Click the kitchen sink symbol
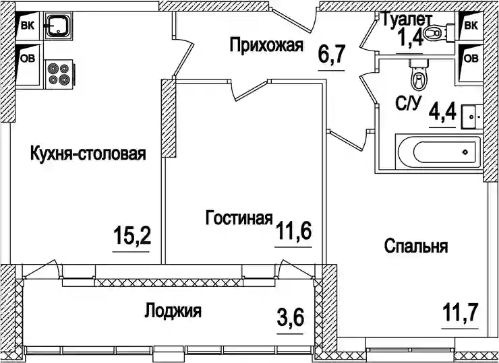pos(58,26)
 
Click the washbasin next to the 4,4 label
pos(472,117)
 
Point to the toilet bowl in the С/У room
pos(418,75)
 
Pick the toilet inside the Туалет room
pos(439,32)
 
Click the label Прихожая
pos(266,46)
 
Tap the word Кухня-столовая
pos(88,153)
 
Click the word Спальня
pos(416,246)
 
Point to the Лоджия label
pos(173,310)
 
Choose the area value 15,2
pos(131,235)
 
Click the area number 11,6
pos(293,231)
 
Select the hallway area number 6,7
pos(332,55)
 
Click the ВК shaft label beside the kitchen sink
pos(28,26)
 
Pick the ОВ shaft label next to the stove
pos(28,59)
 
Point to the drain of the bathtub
pos(465,152)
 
